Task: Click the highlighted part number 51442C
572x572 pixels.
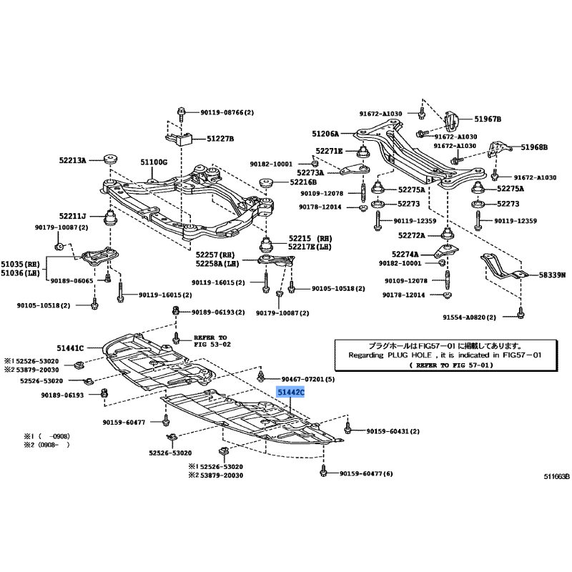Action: (290, 393)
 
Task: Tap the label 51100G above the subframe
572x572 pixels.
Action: (154, 162)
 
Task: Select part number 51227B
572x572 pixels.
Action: (220, 139)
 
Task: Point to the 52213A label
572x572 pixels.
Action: (73, 159)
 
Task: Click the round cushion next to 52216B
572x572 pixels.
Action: (267, 182)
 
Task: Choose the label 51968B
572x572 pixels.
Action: (534, 147)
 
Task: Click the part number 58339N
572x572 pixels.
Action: (552, 275)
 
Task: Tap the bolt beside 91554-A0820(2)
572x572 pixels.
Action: (521, 313)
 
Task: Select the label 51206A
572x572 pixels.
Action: (325, 134)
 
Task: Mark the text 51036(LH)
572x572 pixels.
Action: (20, 273)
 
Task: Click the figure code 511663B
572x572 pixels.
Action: (557, 476)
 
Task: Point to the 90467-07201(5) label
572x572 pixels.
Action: (308, 379)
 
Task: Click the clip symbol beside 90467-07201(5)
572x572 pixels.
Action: (261, 376)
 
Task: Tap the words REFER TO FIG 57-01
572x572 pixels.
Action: (451, 365)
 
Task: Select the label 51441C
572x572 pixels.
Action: (70, 348)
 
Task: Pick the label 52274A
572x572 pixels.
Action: (405, 254)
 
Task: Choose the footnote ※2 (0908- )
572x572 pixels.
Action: (46, 445)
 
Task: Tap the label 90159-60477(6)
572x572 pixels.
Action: (366, 473)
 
